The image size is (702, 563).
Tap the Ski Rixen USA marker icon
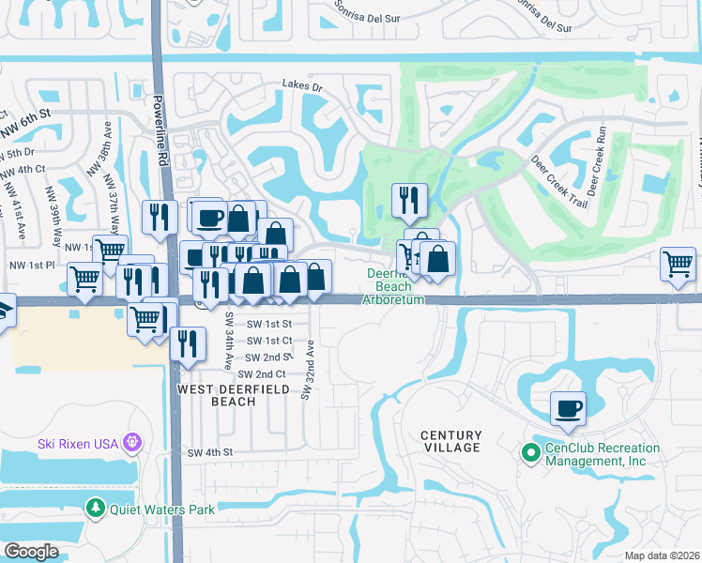[132, 440]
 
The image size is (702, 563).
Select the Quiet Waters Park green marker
[95, 509]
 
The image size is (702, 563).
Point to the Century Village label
[450, 441]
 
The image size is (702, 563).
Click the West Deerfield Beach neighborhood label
[217, 395]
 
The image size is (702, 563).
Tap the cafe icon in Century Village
[568, 409]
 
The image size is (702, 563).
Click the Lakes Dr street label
[302, 86]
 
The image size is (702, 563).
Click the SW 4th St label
[209, 452]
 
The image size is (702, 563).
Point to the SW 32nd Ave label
[306, 371]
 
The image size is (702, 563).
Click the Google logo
[31, 551]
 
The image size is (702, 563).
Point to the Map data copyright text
[661, 555]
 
